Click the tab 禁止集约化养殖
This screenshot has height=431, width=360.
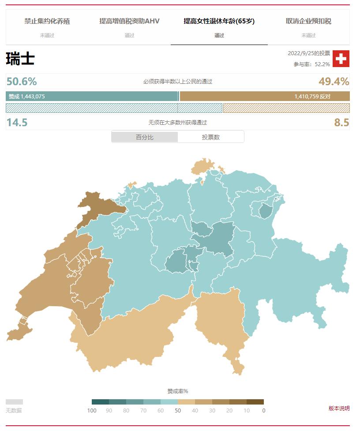click(47, 21)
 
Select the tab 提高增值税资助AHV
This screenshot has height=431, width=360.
click(129, 21)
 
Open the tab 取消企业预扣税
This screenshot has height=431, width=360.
click(308, 21)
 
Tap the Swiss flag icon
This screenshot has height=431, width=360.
click(341, 59)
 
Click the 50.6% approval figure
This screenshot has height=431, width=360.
click(22, 82)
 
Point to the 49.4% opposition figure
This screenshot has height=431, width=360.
click(334, 82)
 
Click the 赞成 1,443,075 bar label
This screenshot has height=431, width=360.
click(27, 96)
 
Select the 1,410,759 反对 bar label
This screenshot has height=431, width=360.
click(312, 96)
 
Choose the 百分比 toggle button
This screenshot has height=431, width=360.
click(145, 137)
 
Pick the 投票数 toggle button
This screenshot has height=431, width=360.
click(211, 137)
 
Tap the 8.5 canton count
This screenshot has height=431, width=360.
click(341, 123)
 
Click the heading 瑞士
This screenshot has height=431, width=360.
click(20, 59)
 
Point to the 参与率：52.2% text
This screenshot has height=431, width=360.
click(312, 64)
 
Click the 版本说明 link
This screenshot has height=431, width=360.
click(339, 409)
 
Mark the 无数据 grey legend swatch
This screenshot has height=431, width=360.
click(14, 402)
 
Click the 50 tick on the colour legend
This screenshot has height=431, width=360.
click(178, 411)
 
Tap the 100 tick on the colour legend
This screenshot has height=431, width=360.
click(92, 411)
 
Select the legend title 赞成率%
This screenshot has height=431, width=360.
click(177, 391)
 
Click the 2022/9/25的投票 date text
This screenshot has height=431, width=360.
click(309, 53)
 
